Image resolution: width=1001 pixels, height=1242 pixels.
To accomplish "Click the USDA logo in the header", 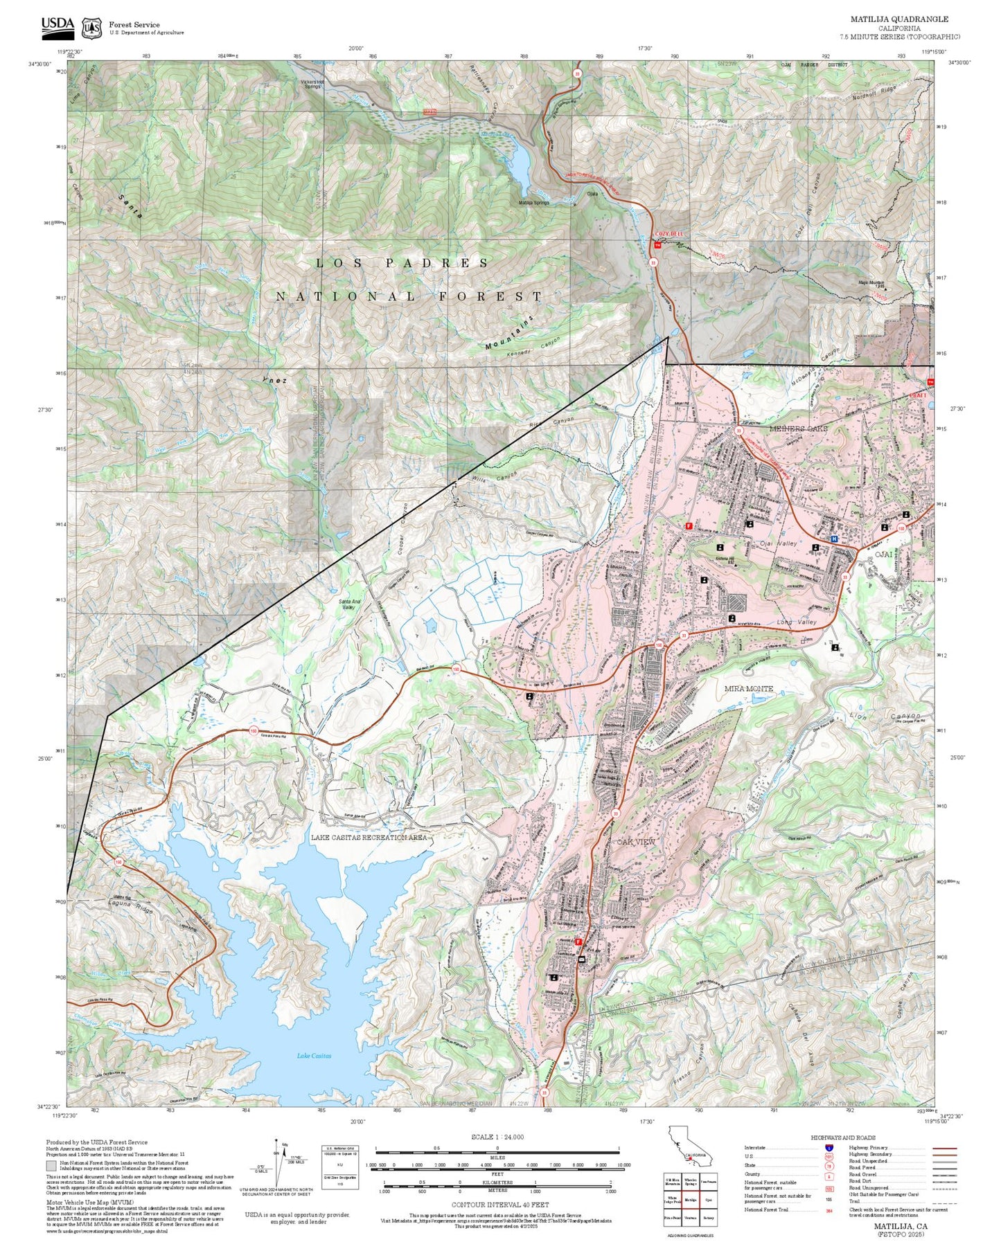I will pyautogui.click(x=57, y=25).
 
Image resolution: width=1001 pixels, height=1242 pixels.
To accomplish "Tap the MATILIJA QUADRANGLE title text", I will pyautogui.click(x=899, y=19).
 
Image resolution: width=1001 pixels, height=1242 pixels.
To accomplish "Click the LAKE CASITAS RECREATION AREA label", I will pyautogui.click(x=369, y=837).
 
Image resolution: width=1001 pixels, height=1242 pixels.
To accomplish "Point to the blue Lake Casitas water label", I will pyautogui.click(x=314, y=1055).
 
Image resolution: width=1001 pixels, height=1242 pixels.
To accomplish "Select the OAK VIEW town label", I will pyautogui.click(x=636, y=841).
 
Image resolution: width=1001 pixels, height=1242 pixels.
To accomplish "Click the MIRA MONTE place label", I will pyautogui.click(x=748, y=688).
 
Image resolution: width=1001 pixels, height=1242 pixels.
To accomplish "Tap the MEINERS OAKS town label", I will pyautogui.click(x=798, y=429).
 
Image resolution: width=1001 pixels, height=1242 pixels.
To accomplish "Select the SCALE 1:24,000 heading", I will pyautogui.click(x=497, y=1137).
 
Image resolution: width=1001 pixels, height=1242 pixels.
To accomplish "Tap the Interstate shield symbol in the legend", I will pyautogui.click(x=829, y=1148).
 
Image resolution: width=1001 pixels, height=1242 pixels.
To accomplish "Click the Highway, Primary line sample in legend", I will pyautogui.click(x=944, y=1148).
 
